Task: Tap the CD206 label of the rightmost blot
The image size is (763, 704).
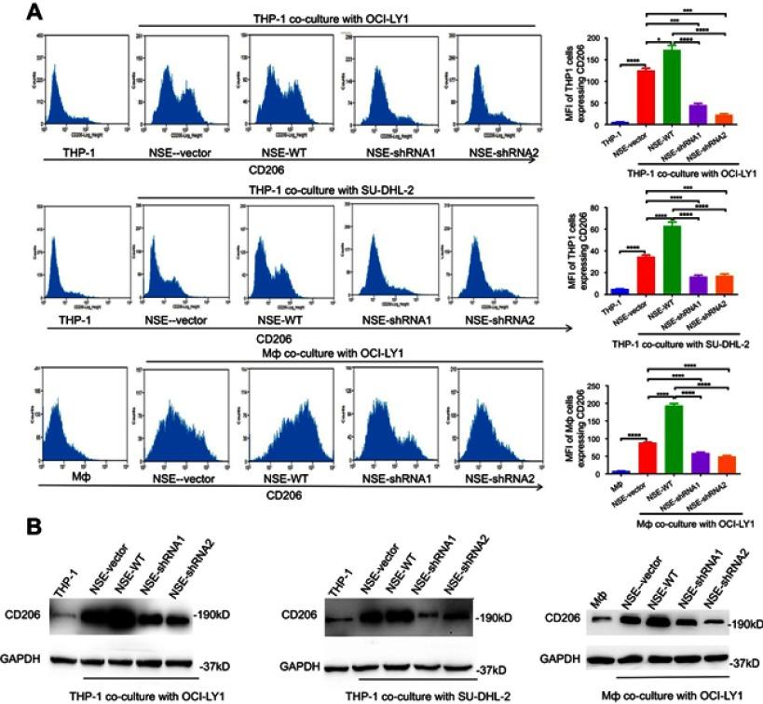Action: pyautogui.click(x=565, y=616)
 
